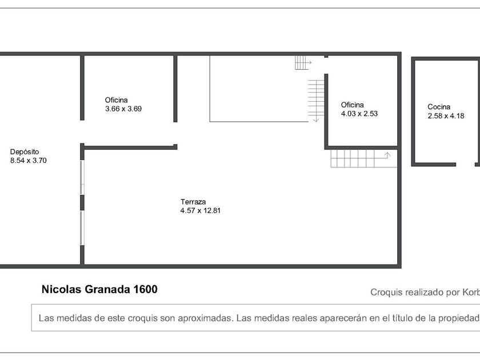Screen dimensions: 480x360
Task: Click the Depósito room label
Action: tap(25, 152)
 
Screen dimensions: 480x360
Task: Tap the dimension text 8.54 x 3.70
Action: tap(29, 161)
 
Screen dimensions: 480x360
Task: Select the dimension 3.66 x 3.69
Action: tap(123, 109)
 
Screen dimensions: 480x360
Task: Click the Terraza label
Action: tap(193, 202)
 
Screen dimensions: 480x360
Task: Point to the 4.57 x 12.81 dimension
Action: tap(201, 211)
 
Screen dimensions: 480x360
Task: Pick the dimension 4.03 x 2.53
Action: tap(359, 114)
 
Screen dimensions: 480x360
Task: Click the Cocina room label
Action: tap(439, 107)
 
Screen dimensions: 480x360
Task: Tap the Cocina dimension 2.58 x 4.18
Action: tap(446, 115)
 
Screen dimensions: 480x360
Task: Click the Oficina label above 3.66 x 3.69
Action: tap(117, 100)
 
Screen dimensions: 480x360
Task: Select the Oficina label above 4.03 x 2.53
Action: tap(353, 105)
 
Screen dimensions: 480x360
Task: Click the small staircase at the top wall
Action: tap(303, 63)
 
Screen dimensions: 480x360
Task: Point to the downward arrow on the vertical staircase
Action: tap(316, 119)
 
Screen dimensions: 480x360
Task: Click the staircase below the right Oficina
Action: tap(363, 159)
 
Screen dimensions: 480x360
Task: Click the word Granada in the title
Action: tap(107, 289)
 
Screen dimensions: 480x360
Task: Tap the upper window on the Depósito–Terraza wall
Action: tap(82, 177)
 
